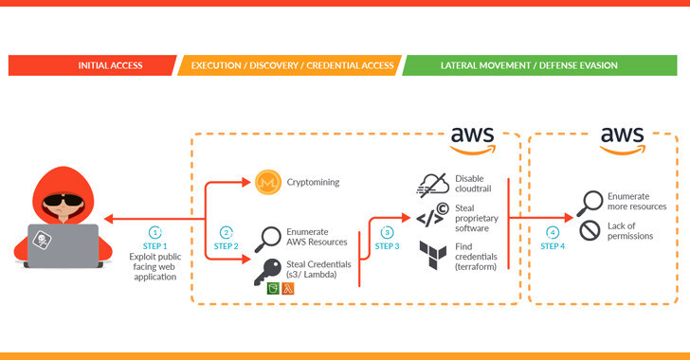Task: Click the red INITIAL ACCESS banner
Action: pos(93,65)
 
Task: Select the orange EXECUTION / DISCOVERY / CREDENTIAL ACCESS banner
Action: pos(290,65)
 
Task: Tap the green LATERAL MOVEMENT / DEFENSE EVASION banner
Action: pos(539,65)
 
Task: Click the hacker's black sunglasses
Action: pos(64,200)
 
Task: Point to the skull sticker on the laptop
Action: pos(43,240)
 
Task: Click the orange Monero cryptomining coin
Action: pos(268,182)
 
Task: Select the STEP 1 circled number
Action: pos(154,232)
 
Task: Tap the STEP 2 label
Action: pos(227,246)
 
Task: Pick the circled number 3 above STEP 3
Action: pos(387,232)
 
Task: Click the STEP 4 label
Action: pos(553,246)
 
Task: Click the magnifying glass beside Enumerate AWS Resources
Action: pos(267,240)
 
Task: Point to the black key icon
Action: pos(267,272)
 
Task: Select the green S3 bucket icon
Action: pos(273,288)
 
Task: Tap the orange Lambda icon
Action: pos(288,288)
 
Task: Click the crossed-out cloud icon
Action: pos(432,185)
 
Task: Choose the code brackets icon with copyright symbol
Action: pos(432,215)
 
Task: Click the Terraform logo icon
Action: pos(432,255)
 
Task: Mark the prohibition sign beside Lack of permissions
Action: pos(590,230)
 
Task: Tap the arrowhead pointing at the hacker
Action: pos(109,219)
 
